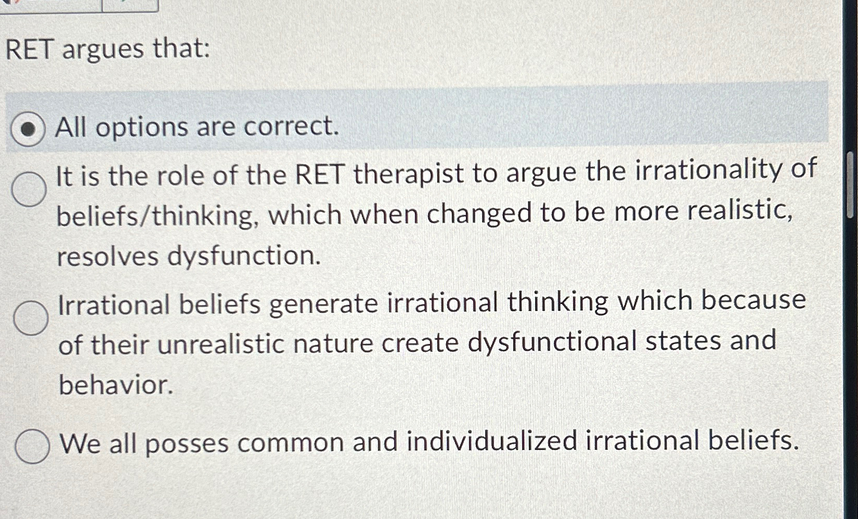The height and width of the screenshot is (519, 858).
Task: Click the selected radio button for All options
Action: point(28,128)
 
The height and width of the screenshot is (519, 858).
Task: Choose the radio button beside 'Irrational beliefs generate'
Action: point(31,317)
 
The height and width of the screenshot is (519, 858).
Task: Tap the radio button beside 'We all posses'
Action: point(32,446)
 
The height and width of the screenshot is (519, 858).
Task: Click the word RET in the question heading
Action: point(30,50)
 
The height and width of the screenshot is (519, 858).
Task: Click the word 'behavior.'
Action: point(115,385)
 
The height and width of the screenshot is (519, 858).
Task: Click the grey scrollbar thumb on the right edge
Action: point(850,185)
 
